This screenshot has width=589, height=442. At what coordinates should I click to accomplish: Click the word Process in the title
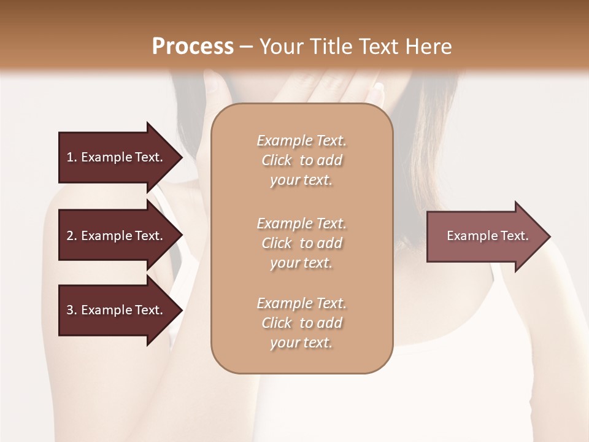point(193,46)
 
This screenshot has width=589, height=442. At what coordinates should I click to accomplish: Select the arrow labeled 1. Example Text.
point(117,157)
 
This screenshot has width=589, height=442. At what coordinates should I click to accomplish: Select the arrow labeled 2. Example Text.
point(117,236)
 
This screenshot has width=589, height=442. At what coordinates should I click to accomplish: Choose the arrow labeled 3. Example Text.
point(117,310)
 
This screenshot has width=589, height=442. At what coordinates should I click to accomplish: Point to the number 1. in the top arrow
point(72,157)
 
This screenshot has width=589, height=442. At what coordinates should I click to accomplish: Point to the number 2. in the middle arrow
point(72,236)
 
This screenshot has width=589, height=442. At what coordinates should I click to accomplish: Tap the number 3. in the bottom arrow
point(72,310)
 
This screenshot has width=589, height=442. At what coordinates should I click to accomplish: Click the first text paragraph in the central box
point(301,160)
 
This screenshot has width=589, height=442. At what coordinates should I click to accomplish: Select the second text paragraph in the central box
point(301,243)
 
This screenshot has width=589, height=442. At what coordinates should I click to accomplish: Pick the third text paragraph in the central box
point(301,323)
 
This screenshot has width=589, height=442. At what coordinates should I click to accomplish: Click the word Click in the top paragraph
point(277,160)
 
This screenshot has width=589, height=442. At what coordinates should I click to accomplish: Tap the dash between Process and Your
point(247,46)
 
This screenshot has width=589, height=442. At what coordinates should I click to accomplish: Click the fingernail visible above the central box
point(379,87)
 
